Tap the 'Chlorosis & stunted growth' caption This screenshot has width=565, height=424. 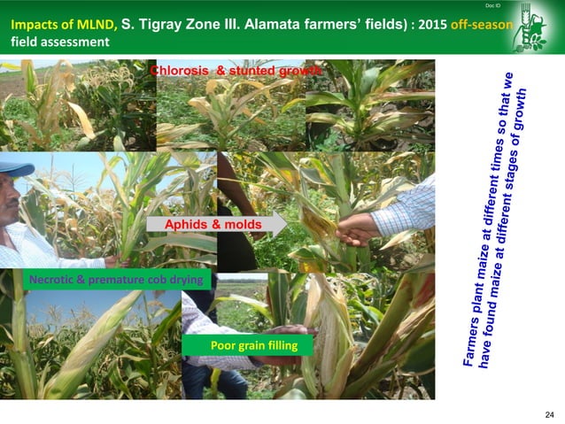click(236, 69)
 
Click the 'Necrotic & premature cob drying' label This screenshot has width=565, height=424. click(116, 280)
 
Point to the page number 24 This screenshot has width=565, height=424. click(549, 414)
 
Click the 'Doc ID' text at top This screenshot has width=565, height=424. click(493, 7)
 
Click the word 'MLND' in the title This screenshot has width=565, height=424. click(94, 24)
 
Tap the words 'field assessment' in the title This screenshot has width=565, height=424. click(60, 42)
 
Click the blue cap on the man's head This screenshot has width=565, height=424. click(16, 167)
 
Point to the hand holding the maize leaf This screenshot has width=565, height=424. click(358, 229)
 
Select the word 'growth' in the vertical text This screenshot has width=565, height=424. click(520, 112)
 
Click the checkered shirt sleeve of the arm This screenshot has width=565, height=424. click(405, 209)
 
